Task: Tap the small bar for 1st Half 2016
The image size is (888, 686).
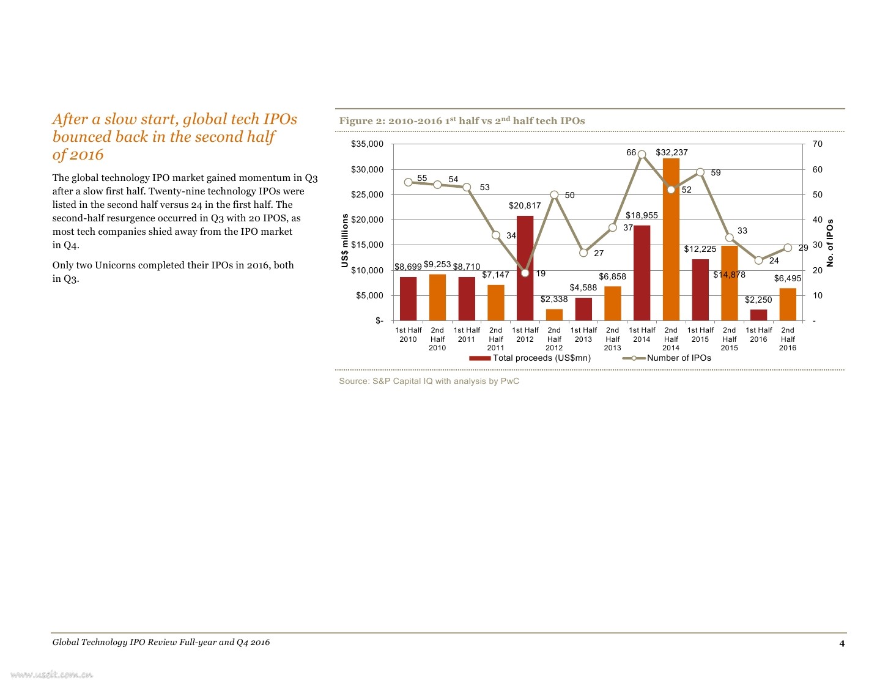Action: coord(758,315)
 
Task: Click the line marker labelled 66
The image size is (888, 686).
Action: coord(642,155)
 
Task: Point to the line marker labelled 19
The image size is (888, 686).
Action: coord(525,273)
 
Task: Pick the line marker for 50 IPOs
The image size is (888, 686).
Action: coord(554,195)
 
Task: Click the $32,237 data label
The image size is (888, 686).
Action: coord(672,152)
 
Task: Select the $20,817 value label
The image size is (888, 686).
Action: coord(525,205)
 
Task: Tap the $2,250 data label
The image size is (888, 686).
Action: coord(758,300)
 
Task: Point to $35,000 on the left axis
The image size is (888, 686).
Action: coord(367,144)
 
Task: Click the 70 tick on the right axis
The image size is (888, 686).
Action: coord(818,144)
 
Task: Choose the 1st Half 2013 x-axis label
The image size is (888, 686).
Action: coord(583,334)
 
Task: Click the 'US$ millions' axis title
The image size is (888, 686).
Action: coord(345,240)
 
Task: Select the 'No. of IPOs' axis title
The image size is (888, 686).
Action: coord(830,243)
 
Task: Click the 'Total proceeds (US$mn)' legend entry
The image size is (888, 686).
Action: coord(530,358)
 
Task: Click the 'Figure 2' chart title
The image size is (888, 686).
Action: coord(462,121)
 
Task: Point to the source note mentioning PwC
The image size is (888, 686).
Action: coord(429,382)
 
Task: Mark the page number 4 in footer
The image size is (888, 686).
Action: coord(842,643)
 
